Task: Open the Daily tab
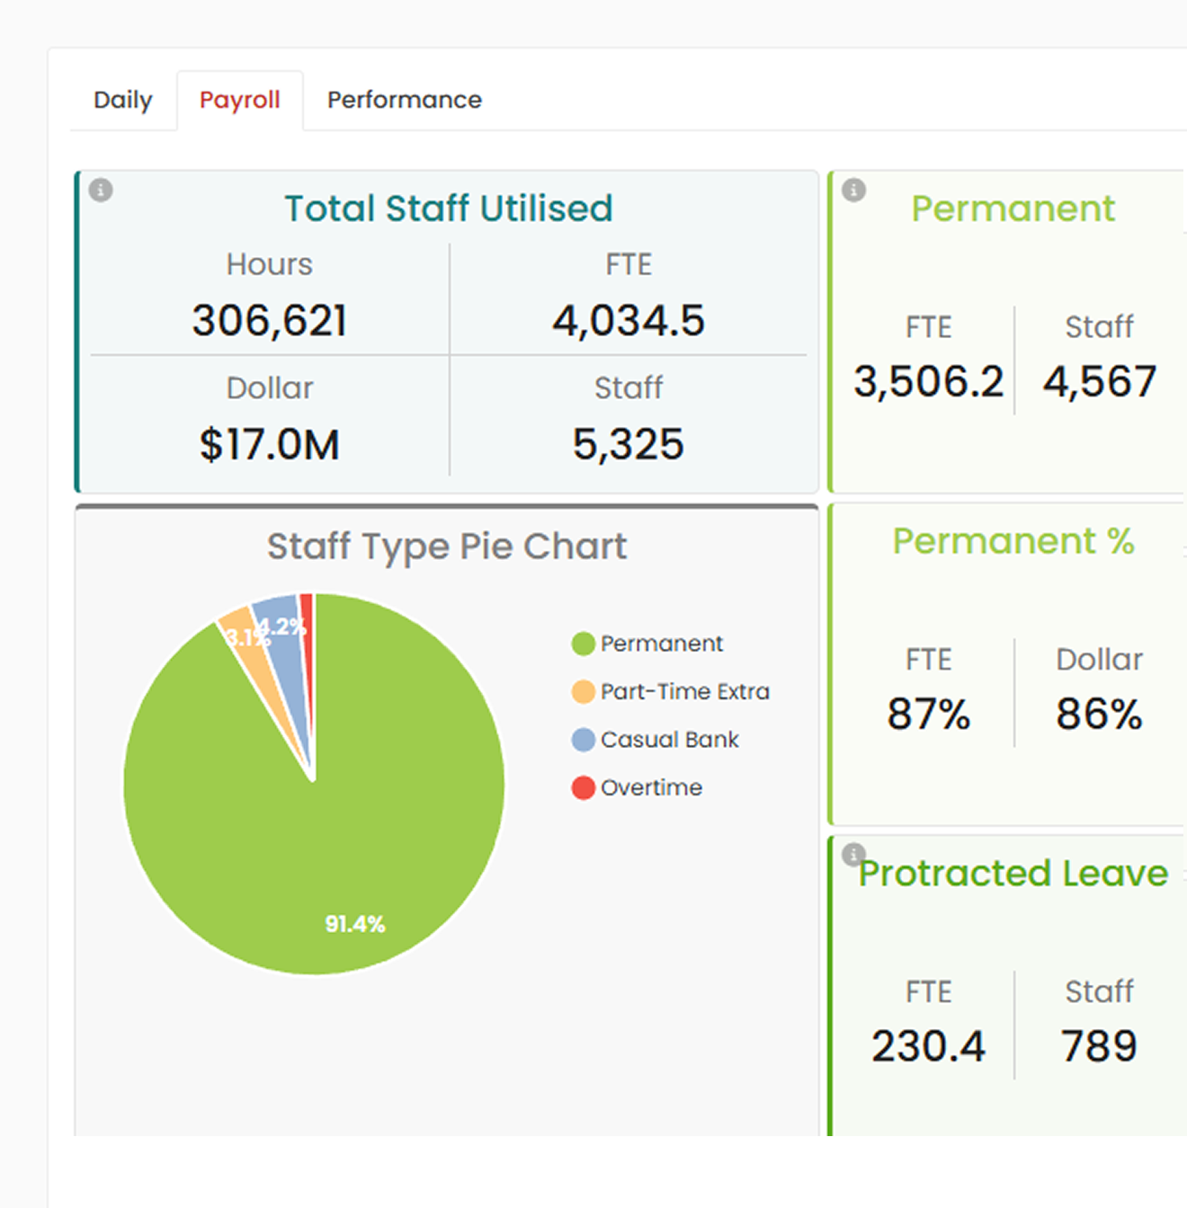coord(123,101)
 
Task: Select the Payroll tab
coord(240,101)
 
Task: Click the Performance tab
coord(405,100)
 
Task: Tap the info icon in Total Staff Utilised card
coord(101,190)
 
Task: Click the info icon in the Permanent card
coord(854,190)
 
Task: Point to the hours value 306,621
coord(270,320)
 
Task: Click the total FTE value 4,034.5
coord(629,320)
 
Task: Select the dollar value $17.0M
coord(270,444)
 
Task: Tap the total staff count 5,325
coord(629,444)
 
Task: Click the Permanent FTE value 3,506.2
coord(929,381)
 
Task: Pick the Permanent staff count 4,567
coord(1100,381)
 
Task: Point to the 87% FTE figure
coord(929,714)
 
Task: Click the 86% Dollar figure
coord(1099,714)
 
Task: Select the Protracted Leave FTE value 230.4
coord(929,1046)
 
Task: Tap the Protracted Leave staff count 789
coord(1099,1046)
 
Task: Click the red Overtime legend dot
coord(584,788)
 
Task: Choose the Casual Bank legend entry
coord(656,740)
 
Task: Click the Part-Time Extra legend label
coord(685,691)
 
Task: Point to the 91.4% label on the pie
coord(355,924)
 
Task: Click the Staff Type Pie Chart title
coord(447,546)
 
